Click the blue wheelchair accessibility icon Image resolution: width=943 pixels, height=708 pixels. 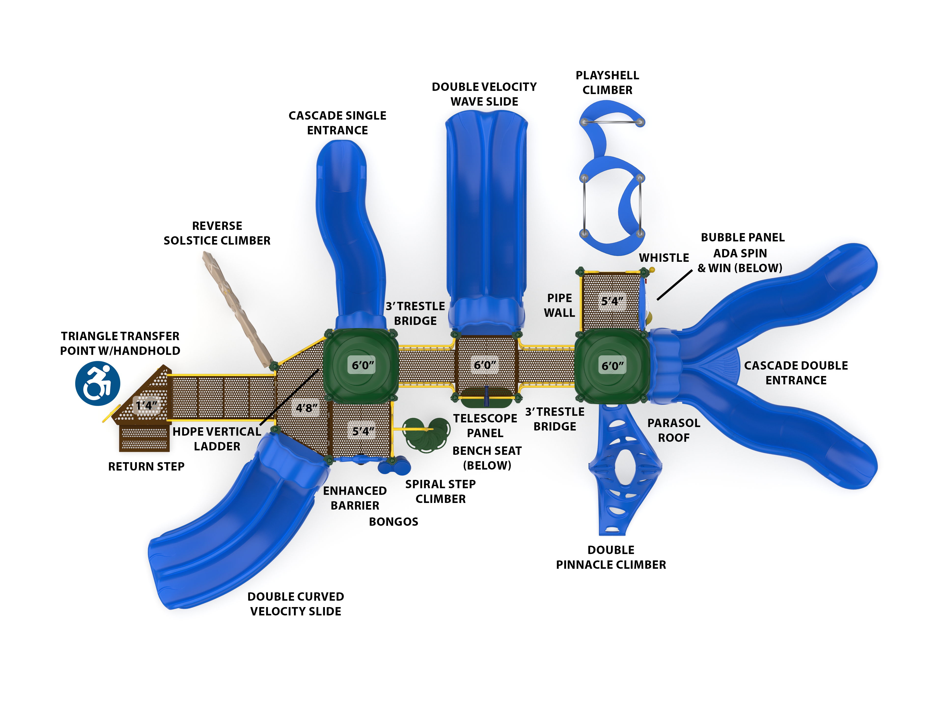98,383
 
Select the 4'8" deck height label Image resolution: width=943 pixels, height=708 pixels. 306,408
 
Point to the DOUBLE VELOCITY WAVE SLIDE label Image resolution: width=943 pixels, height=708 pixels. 484,94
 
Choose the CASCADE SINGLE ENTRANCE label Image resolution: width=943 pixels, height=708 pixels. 337,123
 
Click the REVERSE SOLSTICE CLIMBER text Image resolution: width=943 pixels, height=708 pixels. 217,233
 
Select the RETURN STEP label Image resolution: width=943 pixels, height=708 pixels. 146,466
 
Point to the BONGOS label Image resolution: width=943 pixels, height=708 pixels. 393,522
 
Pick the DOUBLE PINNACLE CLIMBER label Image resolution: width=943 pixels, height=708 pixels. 611,557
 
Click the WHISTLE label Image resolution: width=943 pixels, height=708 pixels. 664,258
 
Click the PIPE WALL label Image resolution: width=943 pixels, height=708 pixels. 559,305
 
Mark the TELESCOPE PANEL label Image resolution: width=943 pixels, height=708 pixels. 485,425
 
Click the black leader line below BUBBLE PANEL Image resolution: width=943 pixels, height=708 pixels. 674,285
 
